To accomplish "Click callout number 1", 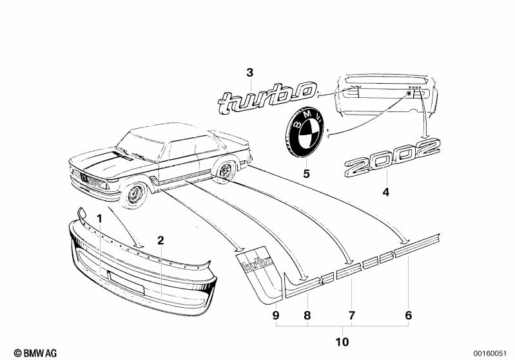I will point(99,218).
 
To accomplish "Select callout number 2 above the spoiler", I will point(160,241).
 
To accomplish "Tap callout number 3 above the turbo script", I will point(251,72).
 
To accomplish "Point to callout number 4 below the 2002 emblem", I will point(386,191).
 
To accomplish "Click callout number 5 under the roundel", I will point(307,174).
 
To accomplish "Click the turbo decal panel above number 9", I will point(257,270).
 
